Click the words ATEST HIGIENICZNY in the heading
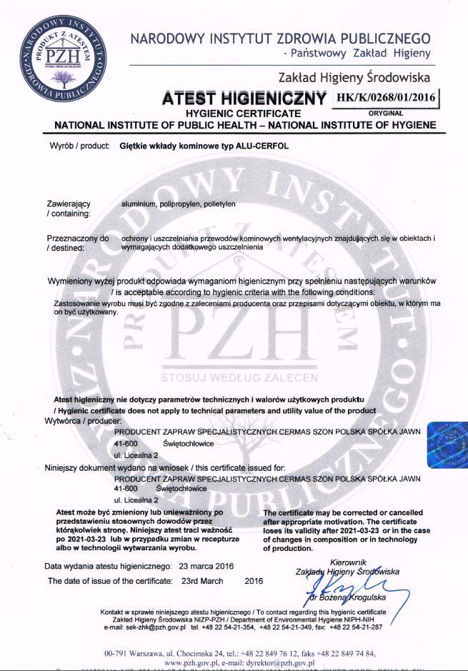click(244, 96)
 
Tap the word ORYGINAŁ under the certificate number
click(386, 112)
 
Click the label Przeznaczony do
click(78, 238)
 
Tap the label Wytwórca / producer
click(78, 421)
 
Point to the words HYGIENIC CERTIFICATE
click(243, 114)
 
